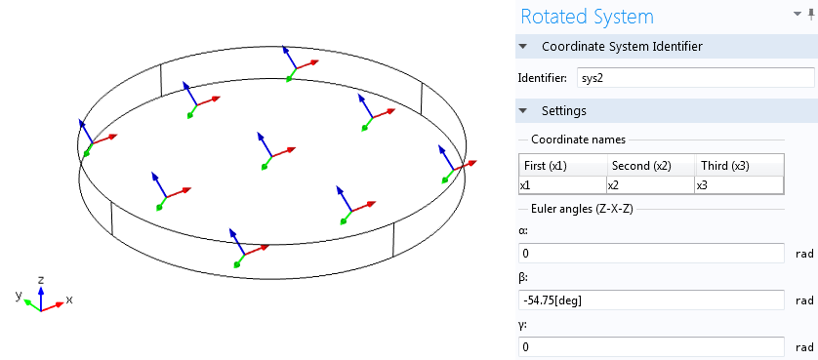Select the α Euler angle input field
[651, 254]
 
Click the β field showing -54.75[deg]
[651, 300]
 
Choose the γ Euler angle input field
[651, 346]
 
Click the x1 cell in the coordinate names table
[561, 185]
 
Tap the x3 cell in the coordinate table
[737, 185]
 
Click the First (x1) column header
[561, 165]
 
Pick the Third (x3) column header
[737, 165]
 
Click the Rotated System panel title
[588, 17]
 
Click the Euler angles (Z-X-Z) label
[582, 210]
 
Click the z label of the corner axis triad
[40, 280]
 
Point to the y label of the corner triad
[19, 294]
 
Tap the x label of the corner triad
[69, 299]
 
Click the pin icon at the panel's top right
[810, 16]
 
